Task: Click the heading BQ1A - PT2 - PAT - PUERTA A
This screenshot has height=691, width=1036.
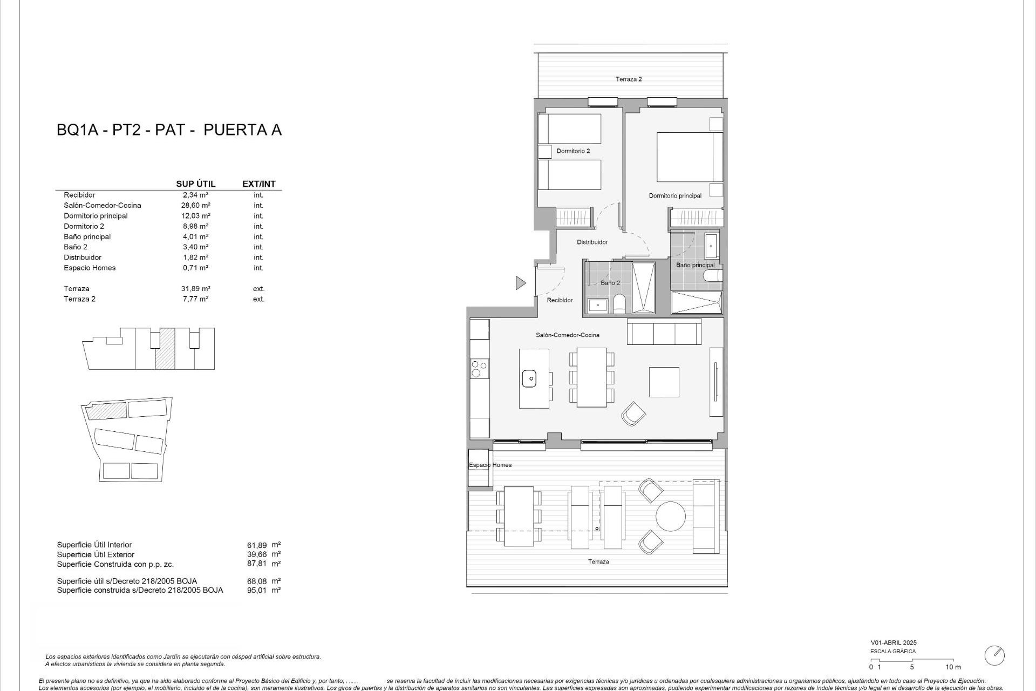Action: (169, 130)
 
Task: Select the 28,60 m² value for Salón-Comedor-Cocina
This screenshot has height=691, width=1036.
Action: (195, 205)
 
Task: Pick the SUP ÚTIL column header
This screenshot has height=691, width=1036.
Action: (195, 184)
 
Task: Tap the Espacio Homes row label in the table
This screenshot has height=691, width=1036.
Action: (90, 268)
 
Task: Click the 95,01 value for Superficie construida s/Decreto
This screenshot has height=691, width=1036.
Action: (256, 590)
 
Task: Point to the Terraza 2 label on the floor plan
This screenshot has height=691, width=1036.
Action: (629, 79)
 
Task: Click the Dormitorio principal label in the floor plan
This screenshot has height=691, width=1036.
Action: (675, 196)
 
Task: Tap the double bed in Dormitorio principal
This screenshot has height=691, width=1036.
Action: (689, 157)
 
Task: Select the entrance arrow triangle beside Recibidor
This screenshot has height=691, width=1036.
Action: (520, 282)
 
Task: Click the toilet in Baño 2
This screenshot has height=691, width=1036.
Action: (619, 304)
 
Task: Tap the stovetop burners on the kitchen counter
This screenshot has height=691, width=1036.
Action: (477, 369)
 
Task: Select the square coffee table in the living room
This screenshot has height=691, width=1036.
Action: (664, 382)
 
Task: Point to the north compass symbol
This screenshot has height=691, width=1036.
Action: (994, 655)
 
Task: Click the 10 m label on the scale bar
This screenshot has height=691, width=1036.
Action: (953, 667)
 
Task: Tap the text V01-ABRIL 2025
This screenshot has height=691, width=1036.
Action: (893, 643)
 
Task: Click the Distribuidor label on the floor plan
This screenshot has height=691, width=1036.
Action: (592, 242)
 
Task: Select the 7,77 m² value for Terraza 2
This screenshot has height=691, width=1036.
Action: (195, 299)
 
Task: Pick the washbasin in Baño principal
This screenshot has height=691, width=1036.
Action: (711, 247)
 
